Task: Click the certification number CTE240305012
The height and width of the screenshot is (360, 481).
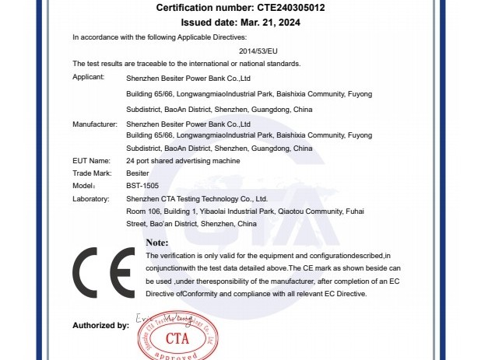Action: (290, 8)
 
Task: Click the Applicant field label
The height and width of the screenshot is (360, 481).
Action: (89, 79)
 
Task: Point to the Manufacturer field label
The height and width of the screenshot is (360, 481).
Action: (95, 124)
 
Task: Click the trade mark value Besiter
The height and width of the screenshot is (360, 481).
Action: (137, 173)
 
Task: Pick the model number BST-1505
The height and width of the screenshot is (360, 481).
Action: (142, 187)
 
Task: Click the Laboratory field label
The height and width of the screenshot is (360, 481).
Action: (91, 199)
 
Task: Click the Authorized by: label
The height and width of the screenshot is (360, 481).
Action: (100, 326)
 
